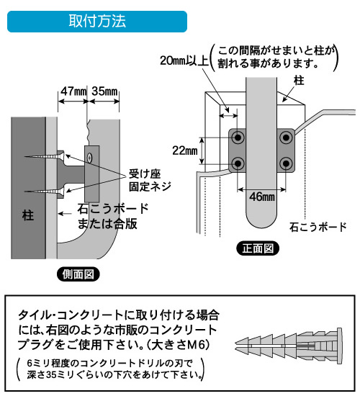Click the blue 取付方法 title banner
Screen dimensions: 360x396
(97, 22)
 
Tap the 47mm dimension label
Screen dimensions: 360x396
(73, 91)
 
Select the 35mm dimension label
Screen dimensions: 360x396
(105, 91)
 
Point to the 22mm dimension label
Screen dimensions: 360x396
(184, 150)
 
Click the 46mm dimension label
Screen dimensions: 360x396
(262, 197)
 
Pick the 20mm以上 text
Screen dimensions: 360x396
(184, 60)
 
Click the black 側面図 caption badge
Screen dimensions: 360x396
(78, 274)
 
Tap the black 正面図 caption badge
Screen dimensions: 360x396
(258, 248)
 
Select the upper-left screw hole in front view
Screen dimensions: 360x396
(238, 138)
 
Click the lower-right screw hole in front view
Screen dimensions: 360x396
(286, 163)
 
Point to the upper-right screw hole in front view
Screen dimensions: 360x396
(286, 138)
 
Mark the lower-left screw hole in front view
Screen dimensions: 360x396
(238, 163)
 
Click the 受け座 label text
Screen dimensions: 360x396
(145, 174)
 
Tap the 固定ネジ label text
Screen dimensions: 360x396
(150, 186)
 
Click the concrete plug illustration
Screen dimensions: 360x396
(289, 346)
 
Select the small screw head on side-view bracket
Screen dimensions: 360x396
(89, 158)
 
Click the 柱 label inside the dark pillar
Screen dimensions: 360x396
(28, 215)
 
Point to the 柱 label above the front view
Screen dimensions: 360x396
(299, 81)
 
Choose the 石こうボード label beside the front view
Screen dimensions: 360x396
(318, 227)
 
